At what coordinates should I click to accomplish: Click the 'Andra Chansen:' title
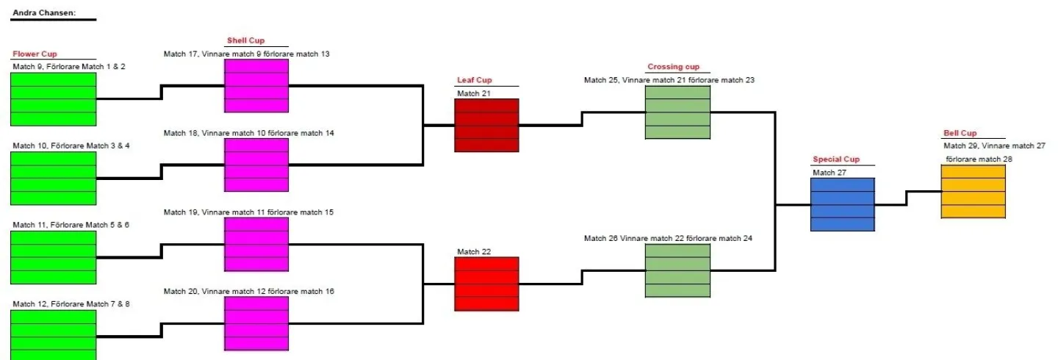pos(44,12)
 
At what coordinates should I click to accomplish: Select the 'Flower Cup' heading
pos(35,54)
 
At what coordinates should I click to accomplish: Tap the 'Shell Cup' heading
pos(245,40)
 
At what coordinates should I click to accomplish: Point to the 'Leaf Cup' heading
pos(474,80)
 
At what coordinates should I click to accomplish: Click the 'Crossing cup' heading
pos(673,67)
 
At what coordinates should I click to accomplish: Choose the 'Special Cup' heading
pos(835,159)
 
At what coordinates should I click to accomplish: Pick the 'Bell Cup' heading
pos(960,133)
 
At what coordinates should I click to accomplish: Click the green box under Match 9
pos(54,99)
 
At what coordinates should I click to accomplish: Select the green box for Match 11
pos(54,257)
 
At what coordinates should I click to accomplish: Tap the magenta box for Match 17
pos(256,86)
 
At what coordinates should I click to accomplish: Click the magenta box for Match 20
pos(256,323)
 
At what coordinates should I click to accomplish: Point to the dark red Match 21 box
pos(486,125)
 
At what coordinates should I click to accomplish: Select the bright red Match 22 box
pos(486,284)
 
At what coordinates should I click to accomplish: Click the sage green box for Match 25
pos(677,112)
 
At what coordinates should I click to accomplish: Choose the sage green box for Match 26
pos(677,270)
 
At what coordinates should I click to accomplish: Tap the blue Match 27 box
pos(843,204)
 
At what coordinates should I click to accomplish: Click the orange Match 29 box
pos(974,191)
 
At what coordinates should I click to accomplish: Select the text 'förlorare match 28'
pos(979,159)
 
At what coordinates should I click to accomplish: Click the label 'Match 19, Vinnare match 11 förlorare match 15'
pos(248,212)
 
